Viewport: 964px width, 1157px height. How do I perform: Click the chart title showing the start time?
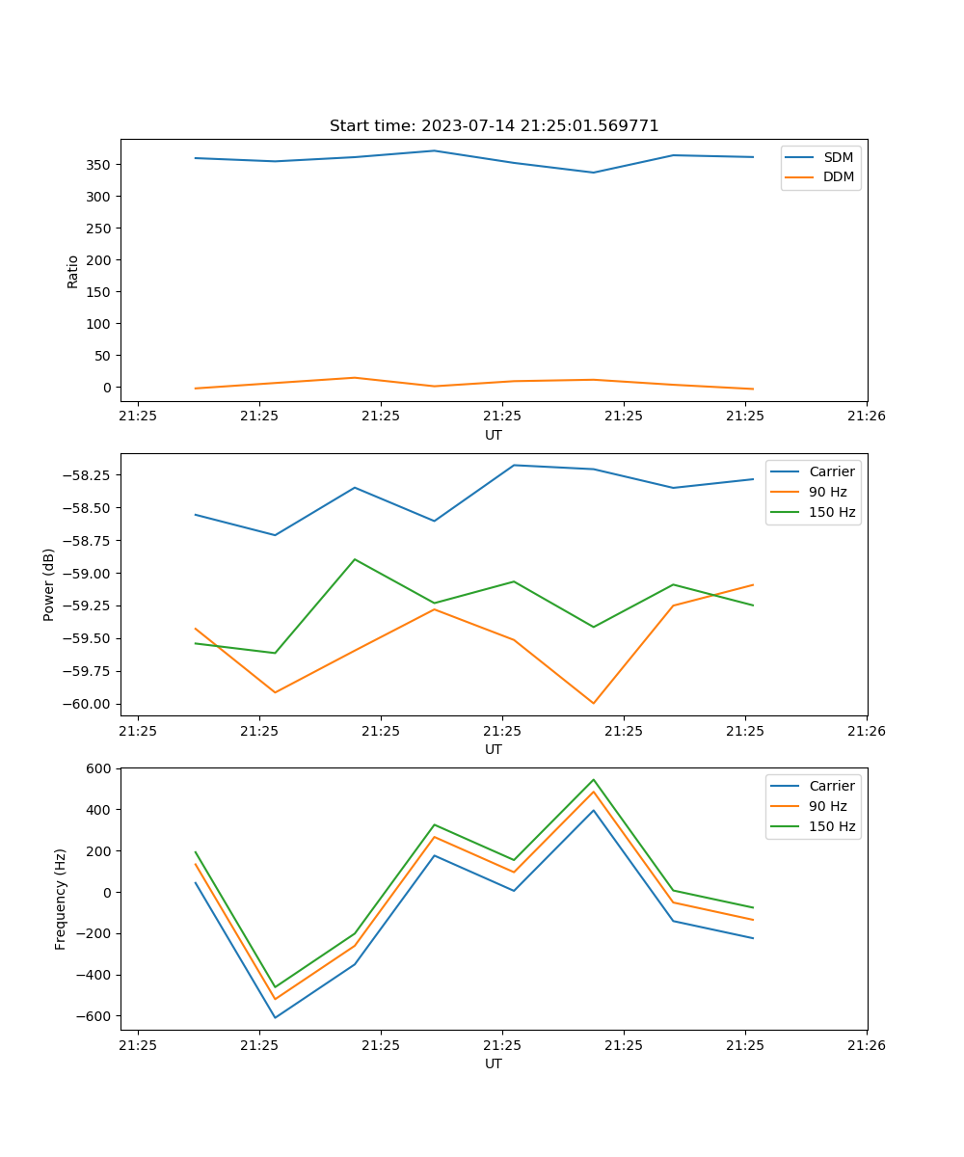pyautogui.click(x=494, y=126)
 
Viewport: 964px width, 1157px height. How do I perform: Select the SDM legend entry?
pyautogui.click(x=838, y=156)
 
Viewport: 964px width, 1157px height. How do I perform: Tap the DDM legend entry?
pyautogui.click(x=838, y=176)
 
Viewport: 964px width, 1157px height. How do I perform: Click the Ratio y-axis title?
pyautogui.click(x=73, y=271)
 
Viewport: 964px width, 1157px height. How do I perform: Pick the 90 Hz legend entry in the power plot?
pyautogui.click(x=827, y=492)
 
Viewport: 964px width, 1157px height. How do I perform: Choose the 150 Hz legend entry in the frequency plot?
pyautogui.click(x=832, y=826)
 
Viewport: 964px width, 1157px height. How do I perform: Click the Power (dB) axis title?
pyautogui.click(x=49, y=584)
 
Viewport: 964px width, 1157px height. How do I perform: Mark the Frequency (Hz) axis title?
pyautogui.click(x=61, y=899)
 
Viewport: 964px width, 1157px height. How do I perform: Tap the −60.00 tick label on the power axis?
pyautogui.click(x=83, y=704)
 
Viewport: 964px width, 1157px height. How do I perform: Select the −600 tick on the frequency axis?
pyautogui.click(x=94, y=1016)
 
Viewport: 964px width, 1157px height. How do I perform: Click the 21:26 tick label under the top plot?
pyautogui.click(x=866, y=416)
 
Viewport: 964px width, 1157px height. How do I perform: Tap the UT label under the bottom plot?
pyautogui.click(x=494, y=1063)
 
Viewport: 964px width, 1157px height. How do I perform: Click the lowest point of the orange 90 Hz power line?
pyautogui.click(x=594, y=703)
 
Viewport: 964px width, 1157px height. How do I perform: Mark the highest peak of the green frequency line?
pyautogui.click(x=594, y=779)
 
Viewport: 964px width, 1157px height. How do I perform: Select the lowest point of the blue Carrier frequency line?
pyautogui.click(x=275, y=1017)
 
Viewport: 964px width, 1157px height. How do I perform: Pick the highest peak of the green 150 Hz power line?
pyautogui.click(x=355, y=559)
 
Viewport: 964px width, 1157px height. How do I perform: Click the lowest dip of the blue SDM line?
pyautogui.click(x=594, y=173)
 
